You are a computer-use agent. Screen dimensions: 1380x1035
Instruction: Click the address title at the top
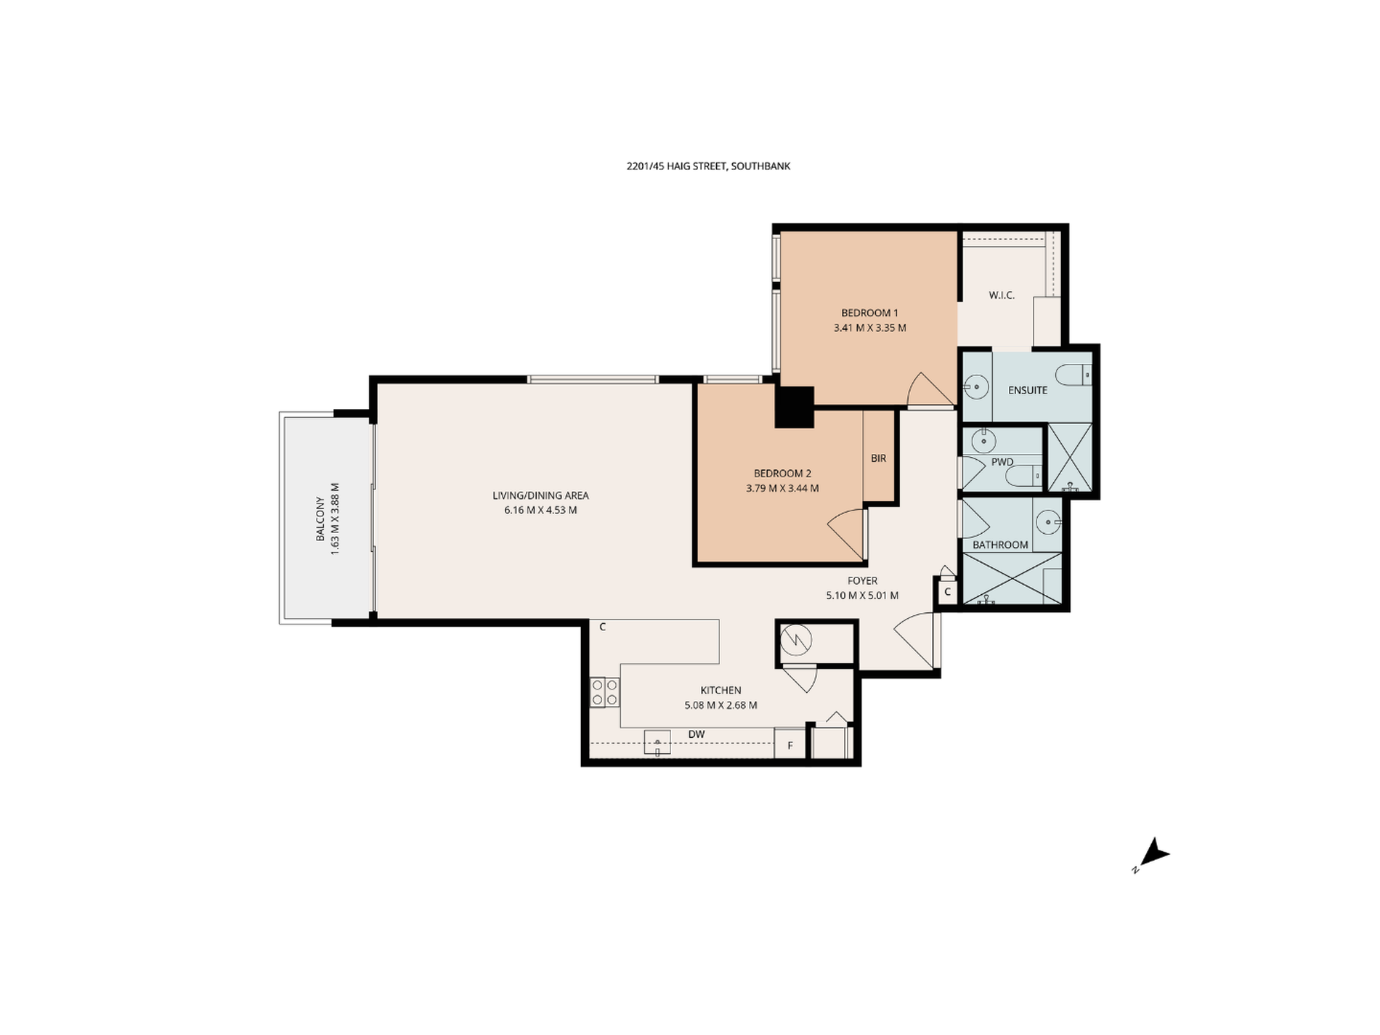coord(708,166)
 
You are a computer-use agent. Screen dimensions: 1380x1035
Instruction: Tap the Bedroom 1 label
coord(869,313)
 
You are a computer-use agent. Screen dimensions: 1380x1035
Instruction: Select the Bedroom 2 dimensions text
coord(782,489)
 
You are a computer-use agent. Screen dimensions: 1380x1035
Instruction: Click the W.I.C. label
coord(1002,296)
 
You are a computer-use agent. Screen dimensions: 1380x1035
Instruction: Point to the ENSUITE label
coord(1028,391)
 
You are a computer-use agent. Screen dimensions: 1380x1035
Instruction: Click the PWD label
coord(1002,462)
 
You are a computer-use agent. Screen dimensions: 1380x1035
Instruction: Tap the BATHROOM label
coord(1000,545)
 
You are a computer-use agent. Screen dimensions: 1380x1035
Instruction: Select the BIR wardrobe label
coord(879,458)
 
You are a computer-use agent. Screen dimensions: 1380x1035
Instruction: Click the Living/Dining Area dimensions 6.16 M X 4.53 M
coord(540,511)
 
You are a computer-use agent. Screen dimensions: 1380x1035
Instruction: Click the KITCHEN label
coord(721,691)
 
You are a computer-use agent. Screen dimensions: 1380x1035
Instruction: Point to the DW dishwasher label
coord(697,735)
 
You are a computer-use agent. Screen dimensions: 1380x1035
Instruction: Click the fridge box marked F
coord(790,744)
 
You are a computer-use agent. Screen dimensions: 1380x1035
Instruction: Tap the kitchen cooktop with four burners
coord(604,692)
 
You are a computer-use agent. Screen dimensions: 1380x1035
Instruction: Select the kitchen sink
coord(657,743)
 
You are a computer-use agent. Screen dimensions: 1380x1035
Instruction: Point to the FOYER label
coord(862,581)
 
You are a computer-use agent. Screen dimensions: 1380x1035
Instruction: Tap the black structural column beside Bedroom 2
coord(795,407)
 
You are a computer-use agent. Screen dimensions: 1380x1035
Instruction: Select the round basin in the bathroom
coord(1047,521)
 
